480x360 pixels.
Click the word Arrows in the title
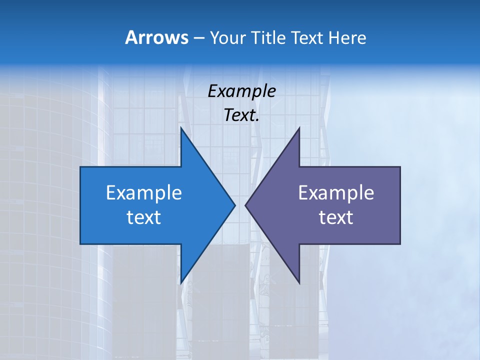coord(156,37)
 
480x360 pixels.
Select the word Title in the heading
coord(268,38)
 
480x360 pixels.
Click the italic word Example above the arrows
coord(241,91)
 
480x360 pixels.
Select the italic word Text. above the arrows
coord(241,115)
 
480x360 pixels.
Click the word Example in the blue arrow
coord(143,193)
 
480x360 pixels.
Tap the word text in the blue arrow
coord(143,217)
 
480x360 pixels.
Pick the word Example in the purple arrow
coord(336,193)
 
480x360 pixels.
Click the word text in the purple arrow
coord(336,217)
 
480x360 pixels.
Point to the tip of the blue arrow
coord(235,205)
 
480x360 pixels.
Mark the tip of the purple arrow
coord(245,205)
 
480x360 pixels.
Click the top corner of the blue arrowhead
coord(181,127)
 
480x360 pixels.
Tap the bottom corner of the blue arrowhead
coord(181,283)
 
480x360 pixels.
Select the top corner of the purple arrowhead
coord(299,127)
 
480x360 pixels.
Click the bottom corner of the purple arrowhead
coord(299,283)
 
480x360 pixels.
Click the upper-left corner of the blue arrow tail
coord(80,167)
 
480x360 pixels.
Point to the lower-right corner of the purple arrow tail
coord(400,243)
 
